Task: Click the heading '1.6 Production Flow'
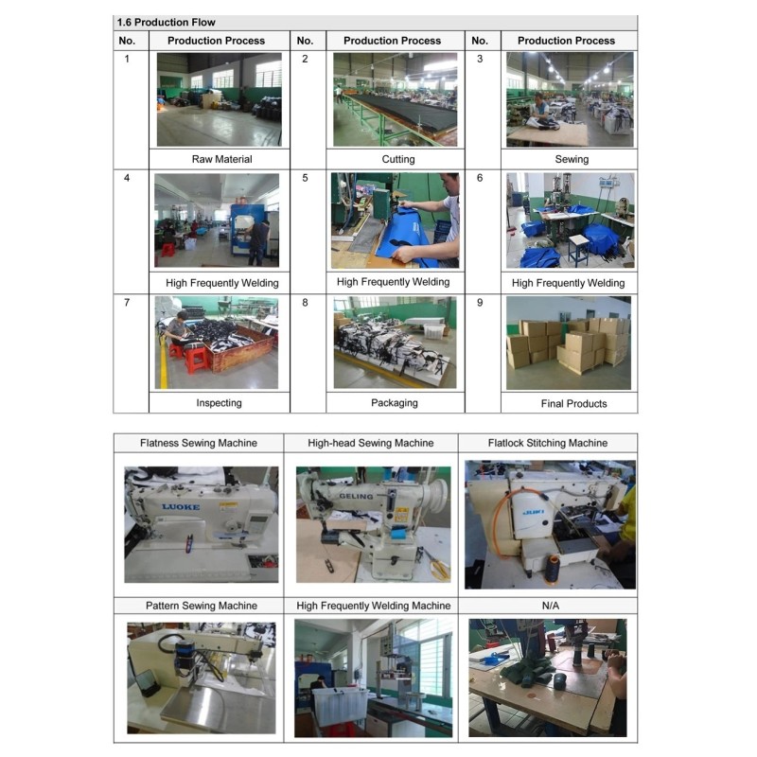pyautogui.click(x=167, y=22)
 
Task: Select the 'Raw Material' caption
pyautogui.click(x=221, y=159)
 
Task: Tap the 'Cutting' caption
pyautogui.click(x=397, y=159)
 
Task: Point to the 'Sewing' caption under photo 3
pyautogui.click(x=572, y=159)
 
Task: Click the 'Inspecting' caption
pyautogui.click(x=219, y=403)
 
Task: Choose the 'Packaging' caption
pyautogui.click(x=395, y=403)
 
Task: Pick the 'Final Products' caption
pyautogui.click(x=573, y=404)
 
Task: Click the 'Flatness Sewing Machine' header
pyautogui.click(x=199, y=443)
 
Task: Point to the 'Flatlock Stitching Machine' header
pyautogui.click(x=548, y=443)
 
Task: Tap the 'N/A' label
pyautogui.click(x=551, y=606)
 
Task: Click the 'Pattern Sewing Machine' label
pyautogui.click(x=202, y=606)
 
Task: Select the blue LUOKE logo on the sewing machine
pyautogui.click(x=181, y=506)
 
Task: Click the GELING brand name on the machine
pyautogui.click(x=356, y=496)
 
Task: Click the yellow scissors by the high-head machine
pyautogui.click(x=438, y=566)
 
